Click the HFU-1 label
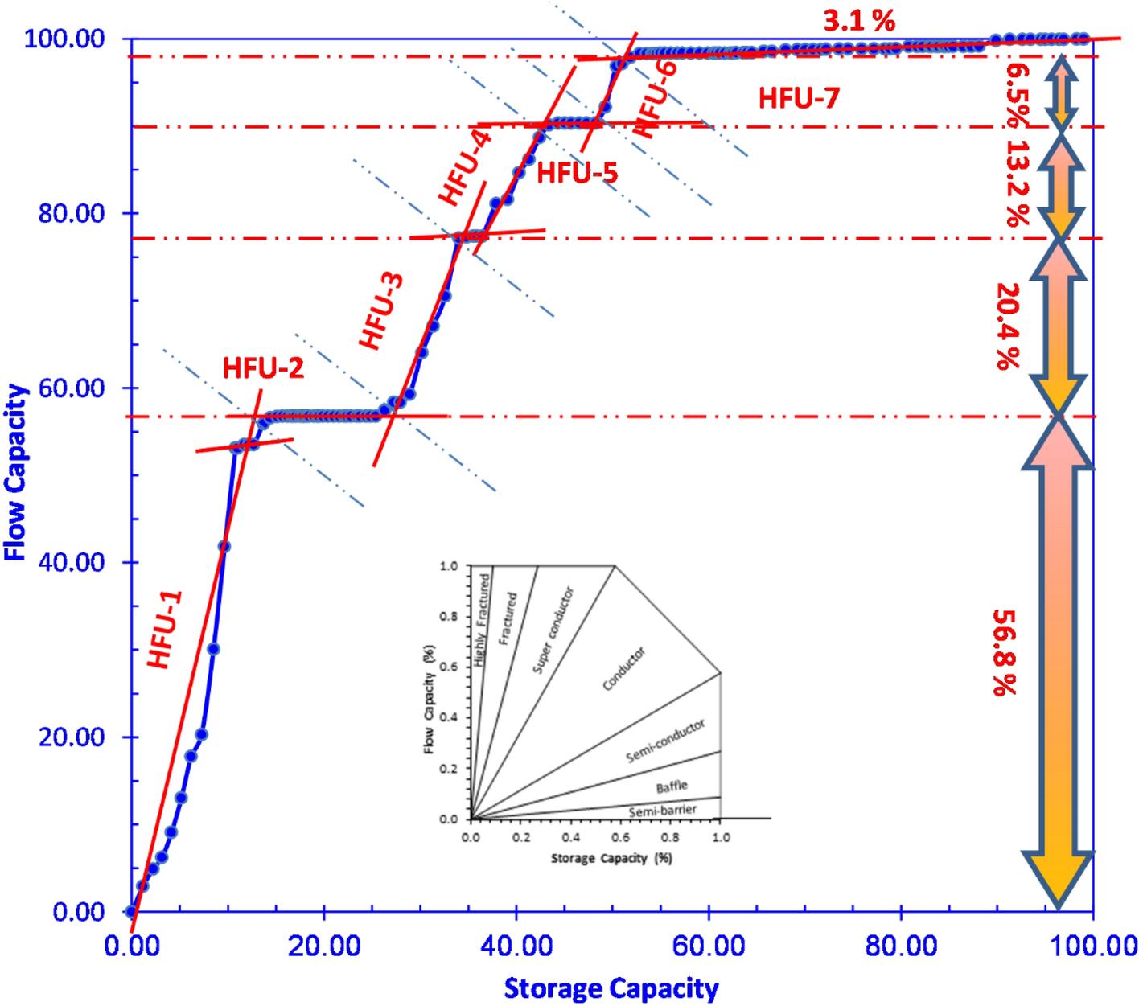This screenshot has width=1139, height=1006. pos(166,630)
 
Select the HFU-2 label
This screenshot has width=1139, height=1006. pos(263,368)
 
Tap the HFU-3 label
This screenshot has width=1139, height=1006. pos(382,311)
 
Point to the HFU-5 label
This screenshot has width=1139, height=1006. pos(577,173)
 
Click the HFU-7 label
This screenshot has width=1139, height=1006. pos(799,99)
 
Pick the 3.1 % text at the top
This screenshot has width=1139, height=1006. pos(859,21)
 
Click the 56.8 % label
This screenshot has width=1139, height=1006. pos(1005,652)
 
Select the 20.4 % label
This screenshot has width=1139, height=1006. pos(1007,326)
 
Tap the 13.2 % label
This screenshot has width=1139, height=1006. pos(1018,183)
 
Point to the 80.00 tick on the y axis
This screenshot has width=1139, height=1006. pos(72,214)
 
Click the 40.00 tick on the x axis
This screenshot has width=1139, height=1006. pos(516,946)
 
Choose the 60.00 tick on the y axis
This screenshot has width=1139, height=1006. pos(72,388)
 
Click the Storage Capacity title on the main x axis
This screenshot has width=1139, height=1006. pos(611,988)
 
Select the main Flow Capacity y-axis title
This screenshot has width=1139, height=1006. pos(16,472)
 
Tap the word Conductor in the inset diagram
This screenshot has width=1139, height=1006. pos(624,668)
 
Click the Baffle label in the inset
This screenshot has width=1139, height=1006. pos(672,787)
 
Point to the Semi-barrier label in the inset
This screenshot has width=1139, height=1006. pos(663,811)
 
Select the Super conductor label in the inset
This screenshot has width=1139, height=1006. pos(553,630)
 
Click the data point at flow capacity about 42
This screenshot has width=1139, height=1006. pos(224,547)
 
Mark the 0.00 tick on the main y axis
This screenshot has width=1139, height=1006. pos(78,912)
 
